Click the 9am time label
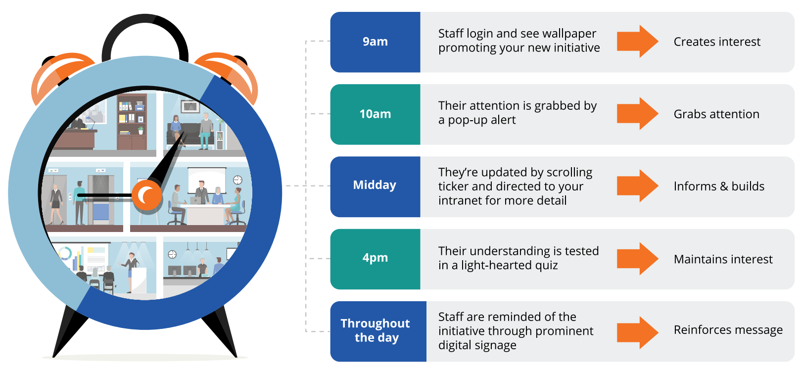(x=375, y=42)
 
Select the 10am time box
(x=375, y=114)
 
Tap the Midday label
(x=375, y=186)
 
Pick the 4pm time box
(x=375, y=258)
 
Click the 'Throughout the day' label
(x=376, y=330)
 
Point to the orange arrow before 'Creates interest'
(x=637, y=42)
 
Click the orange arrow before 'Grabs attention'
(x=637, y=114)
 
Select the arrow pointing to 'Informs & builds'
(x=637, y=186)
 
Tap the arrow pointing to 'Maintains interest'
(x=637, y=259)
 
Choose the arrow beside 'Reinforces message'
(x=637, y=332)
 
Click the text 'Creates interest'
(x=716, y=42)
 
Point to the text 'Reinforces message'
(x=728, y=330)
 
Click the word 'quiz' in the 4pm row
(x=546, y=266)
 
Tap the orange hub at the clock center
(x=147, y=196)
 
